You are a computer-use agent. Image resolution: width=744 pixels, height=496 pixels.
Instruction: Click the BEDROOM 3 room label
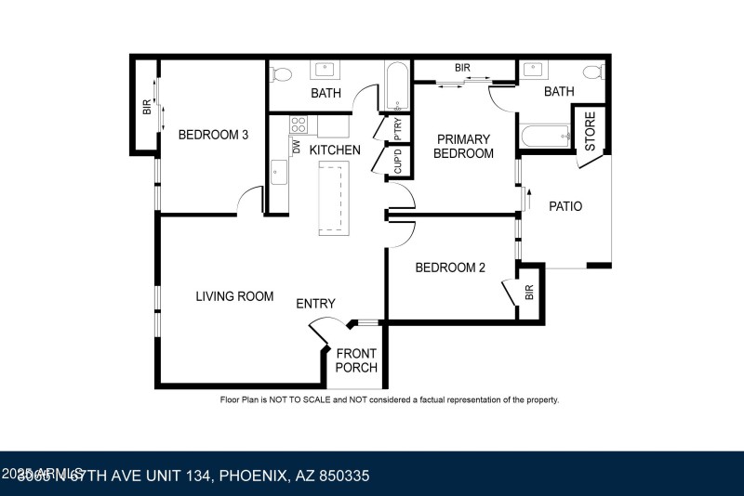pyautogui.click(x=213, y=135)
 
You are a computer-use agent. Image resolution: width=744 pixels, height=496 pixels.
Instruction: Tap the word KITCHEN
pyautogui.click(x=335, y=150)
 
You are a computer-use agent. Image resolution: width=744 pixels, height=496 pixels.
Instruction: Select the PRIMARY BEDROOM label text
pyautogui.click(x=463, y=146)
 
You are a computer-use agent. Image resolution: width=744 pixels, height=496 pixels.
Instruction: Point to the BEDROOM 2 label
pyautogui.click(x=450, y=268)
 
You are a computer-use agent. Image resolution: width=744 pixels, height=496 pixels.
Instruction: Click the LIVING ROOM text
pyautogui.click(x=234, y=296)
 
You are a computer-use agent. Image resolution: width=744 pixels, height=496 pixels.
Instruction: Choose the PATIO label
pyautogui.click(x=565, y=206)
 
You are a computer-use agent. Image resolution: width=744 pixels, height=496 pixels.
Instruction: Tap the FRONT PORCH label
pyautogui.click(x=356, y=360)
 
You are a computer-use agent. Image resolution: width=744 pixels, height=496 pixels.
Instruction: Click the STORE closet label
pyautogui.click(x=590, y=131)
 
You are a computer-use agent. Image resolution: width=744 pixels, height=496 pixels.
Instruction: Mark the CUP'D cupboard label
pyautogui.click(x=398, y=162)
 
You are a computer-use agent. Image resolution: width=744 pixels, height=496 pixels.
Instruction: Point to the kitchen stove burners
pyautogui.click(x=299, y=124)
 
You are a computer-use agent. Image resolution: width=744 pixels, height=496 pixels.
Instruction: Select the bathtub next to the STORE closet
pyautogui.click(x=545, y=137)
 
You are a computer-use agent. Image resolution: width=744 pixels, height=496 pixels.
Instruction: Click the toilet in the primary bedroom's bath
pyautogui.click(x=591, y=72)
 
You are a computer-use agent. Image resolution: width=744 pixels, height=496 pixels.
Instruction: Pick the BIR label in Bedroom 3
pyautogui.click(x=146, y=107)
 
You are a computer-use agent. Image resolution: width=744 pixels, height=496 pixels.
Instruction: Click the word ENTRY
pyautogui.click(x=315, y=304)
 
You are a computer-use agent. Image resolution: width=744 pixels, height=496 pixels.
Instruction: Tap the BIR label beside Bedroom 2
pyautogui.click(x=529, y=294)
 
